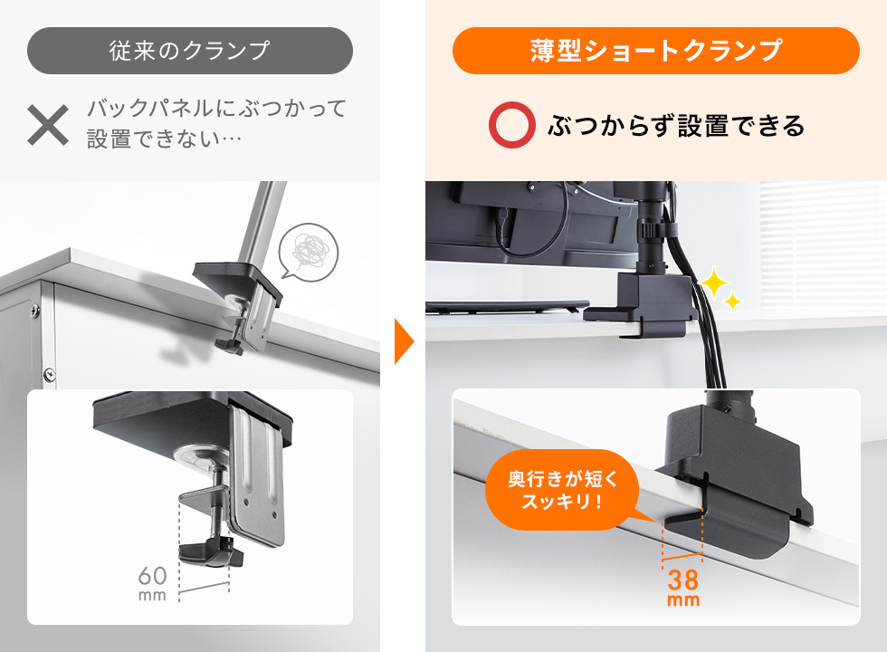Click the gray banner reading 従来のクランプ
coord(189,51)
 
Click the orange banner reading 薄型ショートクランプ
coord(655,51)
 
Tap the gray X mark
coord(48,125)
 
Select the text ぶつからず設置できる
coord(675,125)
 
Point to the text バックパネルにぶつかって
coord(217,110)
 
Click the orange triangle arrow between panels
coord(404,341)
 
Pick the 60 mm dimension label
coord(152,581)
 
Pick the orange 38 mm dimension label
coord(683,587)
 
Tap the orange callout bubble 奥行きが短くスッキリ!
coord(562,489)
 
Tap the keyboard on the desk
coord(507,307)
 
